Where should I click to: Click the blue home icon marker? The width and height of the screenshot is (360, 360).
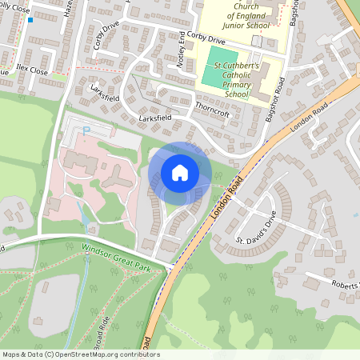[x=180, y=173]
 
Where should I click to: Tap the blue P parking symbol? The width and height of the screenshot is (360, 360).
[x=86, y=128]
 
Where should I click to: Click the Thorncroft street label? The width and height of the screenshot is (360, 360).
[x=212, y=114]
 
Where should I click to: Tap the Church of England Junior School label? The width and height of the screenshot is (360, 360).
[x=239, y=14]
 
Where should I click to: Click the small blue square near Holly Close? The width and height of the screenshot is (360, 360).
[x=30, y=19]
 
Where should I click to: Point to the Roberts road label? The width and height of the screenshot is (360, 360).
[x=344, y=284]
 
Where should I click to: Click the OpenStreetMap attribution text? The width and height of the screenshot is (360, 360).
[x=81, y=354]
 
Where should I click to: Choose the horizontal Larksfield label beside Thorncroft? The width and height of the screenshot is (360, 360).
[x=155, y=118]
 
